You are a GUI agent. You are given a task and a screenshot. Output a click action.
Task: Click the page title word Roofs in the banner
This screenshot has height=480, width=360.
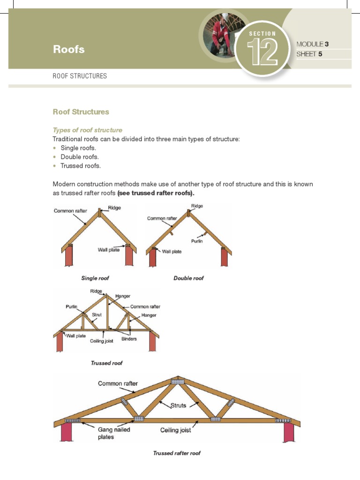(68, 49)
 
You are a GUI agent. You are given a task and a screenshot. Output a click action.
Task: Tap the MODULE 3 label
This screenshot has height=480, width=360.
(313, 44)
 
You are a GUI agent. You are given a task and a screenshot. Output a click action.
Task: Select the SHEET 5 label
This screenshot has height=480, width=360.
(309, 54)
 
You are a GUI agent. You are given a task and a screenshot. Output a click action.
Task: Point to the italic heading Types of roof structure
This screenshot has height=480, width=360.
(87, 130)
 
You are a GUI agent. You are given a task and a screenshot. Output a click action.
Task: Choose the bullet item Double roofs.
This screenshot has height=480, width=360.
(80, 157)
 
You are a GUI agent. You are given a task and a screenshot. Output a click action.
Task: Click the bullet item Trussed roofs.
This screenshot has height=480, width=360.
(81, 166)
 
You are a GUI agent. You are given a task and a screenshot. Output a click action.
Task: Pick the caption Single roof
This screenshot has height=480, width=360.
(95, 278)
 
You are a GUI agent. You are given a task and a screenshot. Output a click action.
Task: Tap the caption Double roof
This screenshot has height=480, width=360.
(188, 278)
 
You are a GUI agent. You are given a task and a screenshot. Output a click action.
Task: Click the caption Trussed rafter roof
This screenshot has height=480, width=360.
(177, 453)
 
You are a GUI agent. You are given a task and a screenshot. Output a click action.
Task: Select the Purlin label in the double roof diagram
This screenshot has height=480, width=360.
(197, 241)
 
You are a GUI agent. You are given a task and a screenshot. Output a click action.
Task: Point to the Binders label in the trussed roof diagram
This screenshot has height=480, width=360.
(129, 339)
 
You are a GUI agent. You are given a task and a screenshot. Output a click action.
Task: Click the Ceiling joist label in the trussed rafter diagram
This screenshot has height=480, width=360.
(176, 430)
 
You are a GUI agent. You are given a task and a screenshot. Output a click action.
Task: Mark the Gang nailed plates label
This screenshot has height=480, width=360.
(114, 433)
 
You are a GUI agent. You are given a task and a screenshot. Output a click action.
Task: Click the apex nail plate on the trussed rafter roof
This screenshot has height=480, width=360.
(177, 382)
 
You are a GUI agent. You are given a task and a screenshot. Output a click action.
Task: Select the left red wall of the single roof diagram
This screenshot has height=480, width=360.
(70, 257)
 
